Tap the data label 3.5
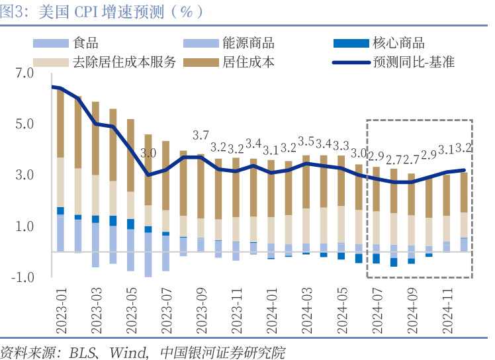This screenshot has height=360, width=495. (306, 142)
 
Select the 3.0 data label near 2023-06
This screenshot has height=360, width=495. (148, 153)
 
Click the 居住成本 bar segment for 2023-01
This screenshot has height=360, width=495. (60, 122)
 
